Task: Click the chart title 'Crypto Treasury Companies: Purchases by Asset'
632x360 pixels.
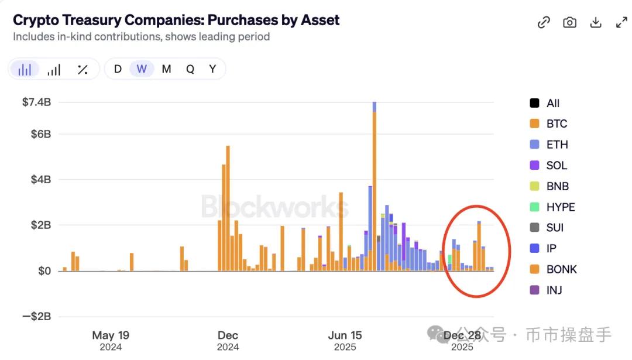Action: pyautogui.click(x=176, y=20)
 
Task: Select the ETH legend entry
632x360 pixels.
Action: pyautogui.click(x=557, y=145)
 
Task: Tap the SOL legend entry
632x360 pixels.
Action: pyautogui.click(x=556, y=166)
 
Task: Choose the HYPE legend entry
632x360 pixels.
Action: pyautogui.click(x=560, y=207)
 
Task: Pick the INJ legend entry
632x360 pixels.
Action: pyautogui.click(x=554, y=290)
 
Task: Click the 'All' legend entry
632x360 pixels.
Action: pyautogui.click(x=552, y=104)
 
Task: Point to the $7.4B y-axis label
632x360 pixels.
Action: pyautogui.click(x=36, y=102)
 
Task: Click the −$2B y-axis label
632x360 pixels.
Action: pyautogui.click(x=36, y=317)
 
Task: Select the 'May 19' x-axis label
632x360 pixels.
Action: pyautogui.click(x=111, y=335)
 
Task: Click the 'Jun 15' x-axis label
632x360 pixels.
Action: pyautogui.click(x=345, y=335)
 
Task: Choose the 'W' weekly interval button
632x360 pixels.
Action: pyautogui.click(x=142, y=69)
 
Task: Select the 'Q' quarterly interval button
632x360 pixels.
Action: pyautogui.click(x=190, y=69)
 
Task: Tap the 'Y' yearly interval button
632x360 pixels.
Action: pyautogui.click(x=212, y=69)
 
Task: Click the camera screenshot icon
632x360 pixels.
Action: pyautogui.click(x=569, y=22)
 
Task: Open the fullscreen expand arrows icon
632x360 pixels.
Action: pyautogui.click(x=621, y=22)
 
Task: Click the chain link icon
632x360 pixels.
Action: pyautogui.click(x=544, y=22)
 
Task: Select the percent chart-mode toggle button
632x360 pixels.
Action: pyautogui.click(x=83, y=70)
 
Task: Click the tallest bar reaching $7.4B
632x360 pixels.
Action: pyautogui.click(x=374, y=187)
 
